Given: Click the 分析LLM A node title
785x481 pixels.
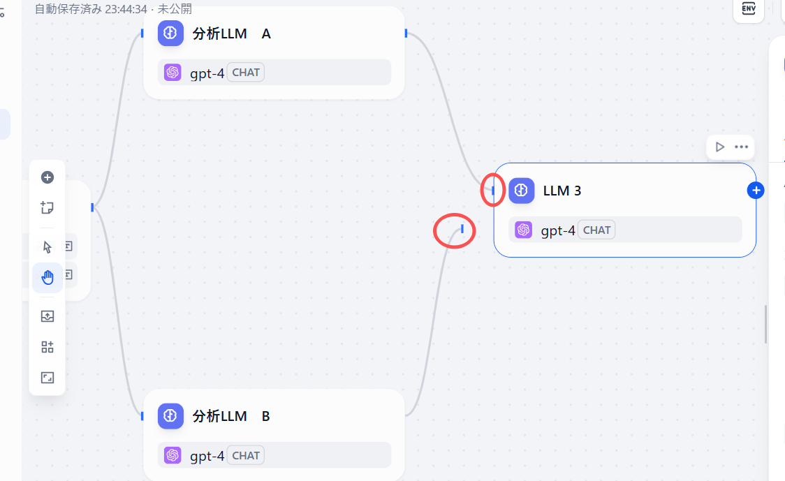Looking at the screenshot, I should tap(231, 34).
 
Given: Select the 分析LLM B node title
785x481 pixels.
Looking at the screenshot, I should tap(231, 416).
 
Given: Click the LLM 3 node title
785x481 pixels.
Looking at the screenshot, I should tap(562, 190).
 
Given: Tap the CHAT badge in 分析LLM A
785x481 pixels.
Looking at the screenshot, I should tap(246, 72).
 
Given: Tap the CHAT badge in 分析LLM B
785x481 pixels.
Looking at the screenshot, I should tap(246, 456).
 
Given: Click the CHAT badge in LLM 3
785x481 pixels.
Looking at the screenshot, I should tap(596, 230).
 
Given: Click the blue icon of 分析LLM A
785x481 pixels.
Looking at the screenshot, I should tap(170, 34).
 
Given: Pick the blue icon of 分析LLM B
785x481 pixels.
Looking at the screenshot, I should tap(170, 416).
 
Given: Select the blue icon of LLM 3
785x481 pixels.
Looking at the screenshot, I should tap(522, 190).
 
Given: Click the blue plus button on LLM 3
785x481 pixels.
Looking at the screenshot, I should tap(756, 190).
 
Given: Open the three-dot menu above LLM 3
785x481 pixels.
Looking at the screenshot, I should tap(742, 147).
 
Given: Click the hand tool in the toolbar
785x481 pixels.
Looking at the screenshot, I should tap(47, 277).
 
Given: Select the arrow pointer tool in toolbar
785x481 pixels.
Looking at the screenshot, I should tap(47, 247).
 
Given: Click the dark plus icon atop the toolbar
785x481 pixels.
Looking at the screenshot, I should tap(47, 177).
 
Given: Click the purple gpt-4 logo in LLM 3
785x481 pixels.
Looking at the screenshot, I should tap(524, 230).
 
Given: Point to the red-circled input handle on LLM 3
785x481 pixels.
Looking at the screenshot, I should tap(494, 190).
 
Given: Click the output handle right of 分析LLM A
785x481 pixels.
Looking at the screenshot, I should tap(406, 33).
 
